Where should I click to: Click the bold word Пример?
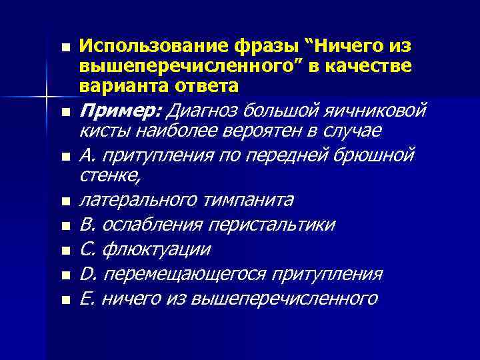121,109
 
